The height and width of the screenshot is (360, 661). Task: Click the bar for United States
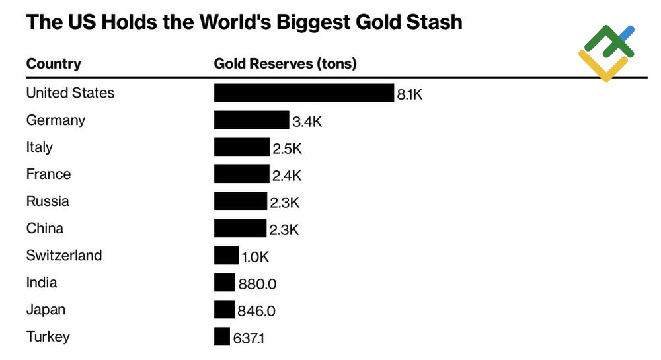click(303, 92)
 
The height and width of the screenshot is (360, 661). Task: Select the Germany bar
click(251, 120)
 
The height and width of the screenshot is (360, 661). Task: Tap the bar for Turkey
click(221, 336)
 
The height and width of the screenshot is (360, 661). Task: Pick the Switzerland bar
click(226, 255)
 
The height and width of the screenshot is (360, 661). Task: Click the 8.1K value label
click(409, 94)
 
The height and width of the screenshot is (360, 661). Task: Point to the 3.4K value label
click(307, 122)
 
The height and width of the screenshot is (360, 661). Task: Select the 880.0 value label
click(257, 285)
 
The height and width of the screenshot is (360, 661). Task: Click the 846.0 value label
click(256, 312)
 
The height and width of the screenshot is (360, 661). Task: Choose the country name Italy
click(39, 147)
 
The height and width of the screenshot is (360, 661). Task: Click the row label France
click(48, 174)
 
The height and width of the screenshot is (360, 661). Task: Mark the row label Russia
click(48, 201)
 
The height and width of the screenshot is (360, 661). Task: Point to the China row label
click(45, 229)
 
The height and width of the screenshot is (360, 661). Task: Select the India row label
click(42, 283)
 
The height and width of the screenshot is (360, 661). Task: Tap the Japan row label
click(46, 310)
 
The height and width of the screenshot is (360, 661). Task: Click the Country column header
click(54, 64)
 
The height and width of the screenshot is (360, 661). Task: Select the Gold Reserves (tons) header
click(285, 64)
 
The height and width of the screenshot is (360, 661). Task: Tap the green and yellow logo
click(606, 53)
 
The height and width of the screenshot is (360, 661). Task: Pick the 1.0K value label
click(255, 258)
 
